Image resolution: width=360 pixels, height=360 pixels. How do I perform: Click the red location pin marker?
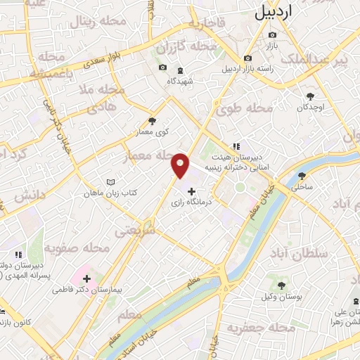pyautogui.click(x=180, y=165)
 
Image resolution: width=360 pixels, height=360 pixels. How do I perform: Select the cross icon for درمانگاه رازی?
pyautogui.click(x=191, y=191)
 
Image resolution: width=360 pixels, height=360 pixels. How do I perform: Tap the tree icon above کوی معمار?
pyautogui.click(x=153, y=121)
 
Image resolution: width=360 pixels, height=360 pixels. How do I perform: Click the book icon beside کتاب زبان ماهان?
pyautogui.click(x=110, y=182)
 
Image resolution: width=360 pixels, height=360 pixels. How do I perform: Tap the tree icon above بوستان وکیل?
pyautogui.click(x=282, y=285)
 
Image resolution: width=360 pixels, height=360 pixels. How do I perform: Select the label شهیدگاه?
pyautogui.click(x=181, y=81)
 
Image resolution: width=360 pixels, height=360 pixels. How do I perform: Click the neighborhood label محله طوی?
pyautogui.click(x=244, y=110)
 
